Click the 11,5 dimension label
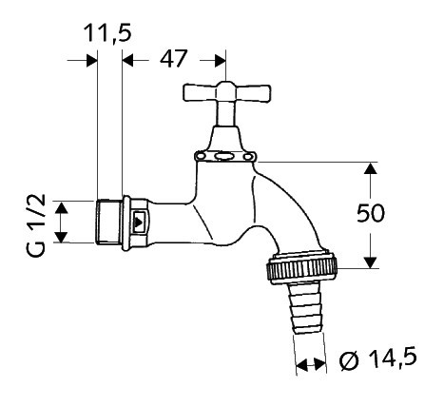coord(107,33)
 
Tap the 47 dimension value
coord(173,59)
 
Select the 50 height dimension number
coord(371,213)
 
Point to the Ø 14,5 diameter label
coord(377,359)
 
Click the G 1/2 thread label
coord(35,225)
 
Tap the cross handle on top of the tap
coord(226,92)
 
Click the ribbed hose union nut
coord(303,264)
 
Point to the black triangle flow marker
coord(138,223)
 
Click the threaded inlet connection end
coord(109,222)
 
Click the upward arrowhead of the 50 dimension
coord(370,168)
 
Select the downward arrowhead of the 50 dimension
coord(370,262)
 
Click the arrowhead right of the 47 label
coord(220,61)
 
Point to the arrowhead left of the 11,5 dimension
coord(91,60)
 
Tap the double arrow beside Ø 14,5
coord(311,365)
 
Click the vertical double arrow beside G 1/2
coord(61,223)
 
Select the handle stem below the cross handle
coord(226,114)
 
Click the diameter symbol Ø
coord(350,360)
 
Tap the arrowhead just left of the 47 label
coord(127,60)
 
